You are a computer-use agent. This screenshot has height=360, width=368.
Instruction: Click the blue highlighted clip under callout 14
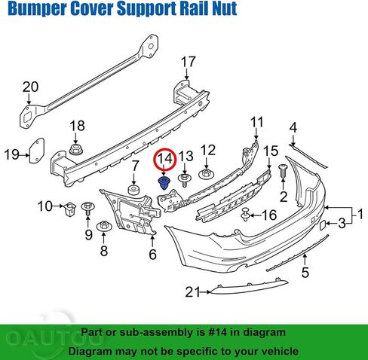point(164,183)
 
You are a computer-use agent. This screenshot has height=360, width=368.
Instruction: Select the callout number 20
point(31,87)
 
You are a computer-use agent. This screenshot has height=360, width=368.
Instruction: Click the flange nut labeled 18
point(76,149)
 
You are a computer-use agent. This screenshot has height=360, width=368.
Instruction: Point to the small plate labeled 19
point(37,151)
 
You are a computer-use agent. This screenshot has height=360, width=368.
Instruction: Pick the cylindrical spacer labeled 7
point(134,190)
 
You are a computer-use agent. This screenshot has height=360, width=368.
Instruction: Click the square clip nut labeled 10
point(69,209)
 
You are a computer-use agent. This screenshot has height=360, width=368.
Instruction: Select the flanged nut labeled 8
point(103,227)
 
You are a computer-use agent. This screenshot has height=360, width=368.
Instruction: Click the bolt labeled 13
point(185,180)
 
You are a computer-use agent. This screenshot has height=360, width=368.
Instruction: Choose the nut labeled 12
point(207,174)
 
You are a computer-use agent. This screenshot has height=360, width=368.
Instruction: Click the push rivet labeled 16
point(245,215)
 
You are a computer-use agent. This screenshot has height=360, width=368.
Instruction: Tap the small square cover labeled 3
point(323,224)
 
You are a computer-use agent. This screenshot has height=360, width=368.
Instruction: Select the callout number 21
point(193,292)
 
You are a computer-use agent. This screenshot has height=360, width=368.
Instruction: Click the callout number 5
point(305,273)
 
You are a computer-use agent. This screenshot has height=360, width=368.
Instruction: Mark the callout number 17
point(189,62)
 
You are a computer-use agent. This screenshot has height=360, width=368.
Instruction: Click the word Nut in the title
point(224,8)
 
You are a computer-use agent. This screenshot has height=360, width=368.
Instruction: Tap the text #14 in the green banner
point(218,332)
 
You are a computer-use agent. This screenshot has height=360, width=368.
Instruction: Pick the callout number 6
point(153,255)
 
